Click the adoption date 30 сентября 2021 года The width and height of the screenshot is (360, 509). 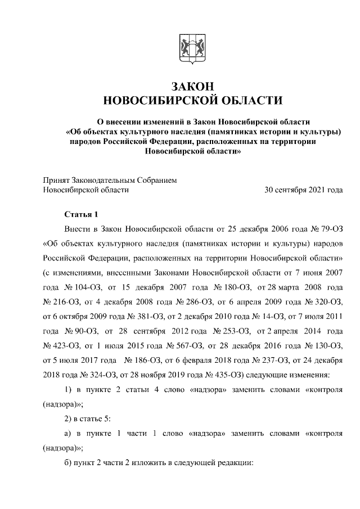[303, 190]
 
